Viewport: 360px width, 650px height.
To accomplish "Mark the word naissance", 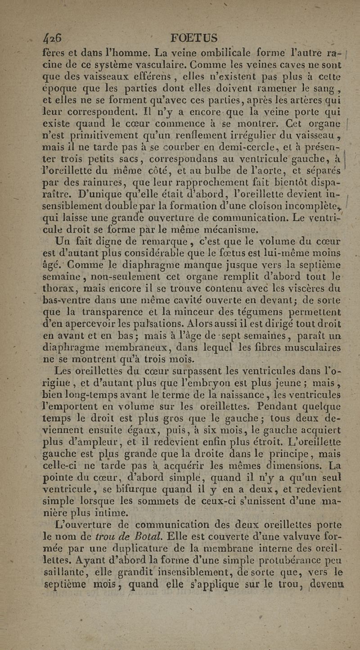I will (x=240, y=395).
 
